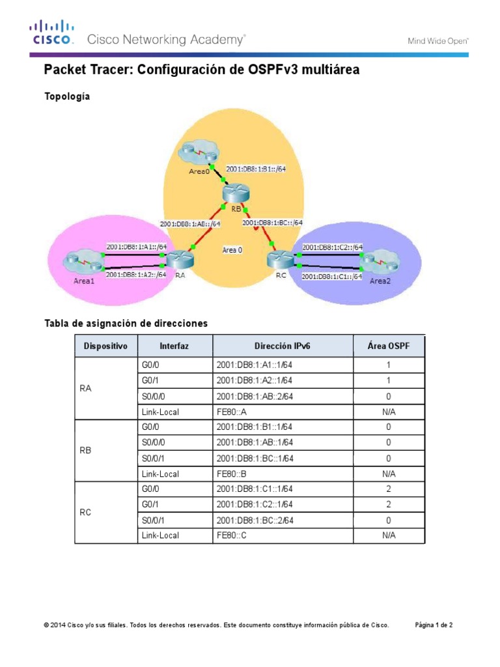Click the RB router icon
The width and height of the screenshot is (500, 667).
coord(233,193)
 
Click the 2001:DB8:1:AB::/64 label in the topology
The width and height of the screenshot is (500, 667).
coord(191,223)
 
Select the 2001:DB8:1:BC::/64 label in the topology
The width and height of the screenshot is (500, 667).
coord(272,222)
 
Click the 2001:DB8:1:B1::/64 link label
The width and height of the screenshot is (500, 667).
coord(256,169)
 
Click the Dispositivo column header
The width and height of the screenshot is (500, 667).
coord(106,346)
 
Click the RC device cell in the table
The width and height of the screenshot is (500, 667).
coord(85,513)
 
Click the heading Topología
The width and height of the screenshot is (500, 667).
coord(66,96)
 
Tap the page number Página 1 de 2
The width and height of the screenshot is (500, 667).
coord(434,625)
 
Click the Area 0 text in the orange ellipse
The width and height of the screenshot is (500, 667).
coord(232,249)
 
